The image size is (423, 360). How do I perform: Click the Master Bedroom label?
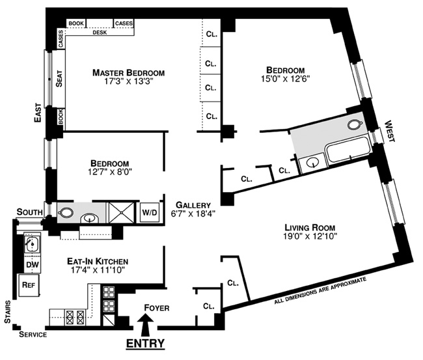tap(128, 72)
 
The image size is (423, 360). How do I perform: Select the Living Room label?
tap(309, 228)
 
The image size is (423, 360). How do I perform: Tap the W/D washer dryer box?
tap(150, 212)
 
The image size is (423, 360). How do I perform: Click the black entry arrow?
tap(146, 322)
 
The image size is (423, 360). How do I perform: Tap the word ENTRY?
tap(146, 343)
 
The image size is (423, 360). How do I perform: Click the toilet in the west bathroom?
tap(355, 124)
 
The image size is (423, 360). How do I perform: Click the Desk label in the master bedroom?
tap(100, 32)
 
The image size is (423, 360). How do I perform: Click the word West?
tap(390, 130)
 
